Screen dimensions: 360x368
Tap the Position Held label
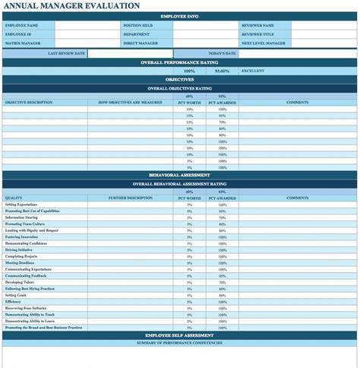point(137,25)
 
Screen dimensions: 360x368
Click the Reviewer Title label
point(257,34)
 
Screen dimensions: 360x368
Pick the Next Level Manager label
point(264,43)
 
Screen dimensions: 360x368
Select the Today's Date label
point(222,53)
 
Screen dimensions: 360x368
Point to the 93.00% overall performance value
point(222,71)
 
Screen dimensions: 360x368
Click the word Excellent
point(253,71)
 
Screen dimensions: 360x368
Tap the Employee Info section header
point(180,16)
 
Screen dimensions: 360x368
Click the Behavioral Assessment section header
point(180,174)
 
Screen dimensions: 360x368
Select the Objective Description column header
point(29,102)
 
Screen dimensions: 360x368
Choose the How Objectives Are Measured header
point(130,102)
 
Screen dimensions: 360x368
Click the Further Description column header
point(130,198)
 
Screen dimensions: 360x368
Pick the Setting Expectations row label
point(21,205)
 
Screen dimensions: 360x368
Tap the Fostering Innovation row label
point(21,236)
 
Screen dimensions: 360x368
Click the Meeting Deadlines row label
point(20,262)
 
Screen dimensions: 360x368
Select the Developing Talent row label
point(20,281)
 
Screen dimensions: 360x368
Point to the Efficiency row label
point(13,301)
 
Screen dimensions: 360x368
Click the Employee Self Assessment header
point(180,335)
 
